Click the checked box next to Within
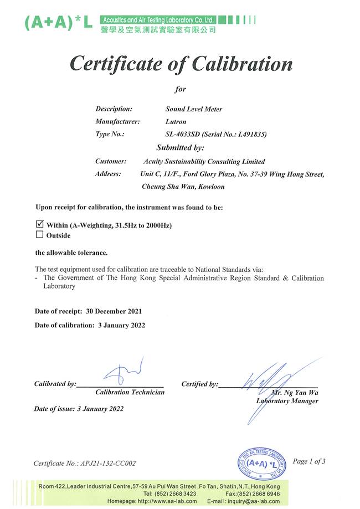pos(39,225)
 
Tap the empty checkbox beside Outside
pos(39,235)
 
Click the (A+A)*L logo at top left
pos(59,22)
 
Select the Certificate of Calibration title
pos(181,64)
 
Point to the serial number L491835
pos(247,134)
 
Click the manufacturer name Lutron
pos(176,121)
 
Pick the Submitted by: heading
pos(181,148)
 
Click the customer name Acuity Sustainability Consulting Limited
pos(204,162)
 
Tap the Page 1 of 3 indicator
pos(309,461)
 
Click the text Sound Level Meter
pos(194,109)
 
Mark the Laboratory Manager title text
pos(287,401)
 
